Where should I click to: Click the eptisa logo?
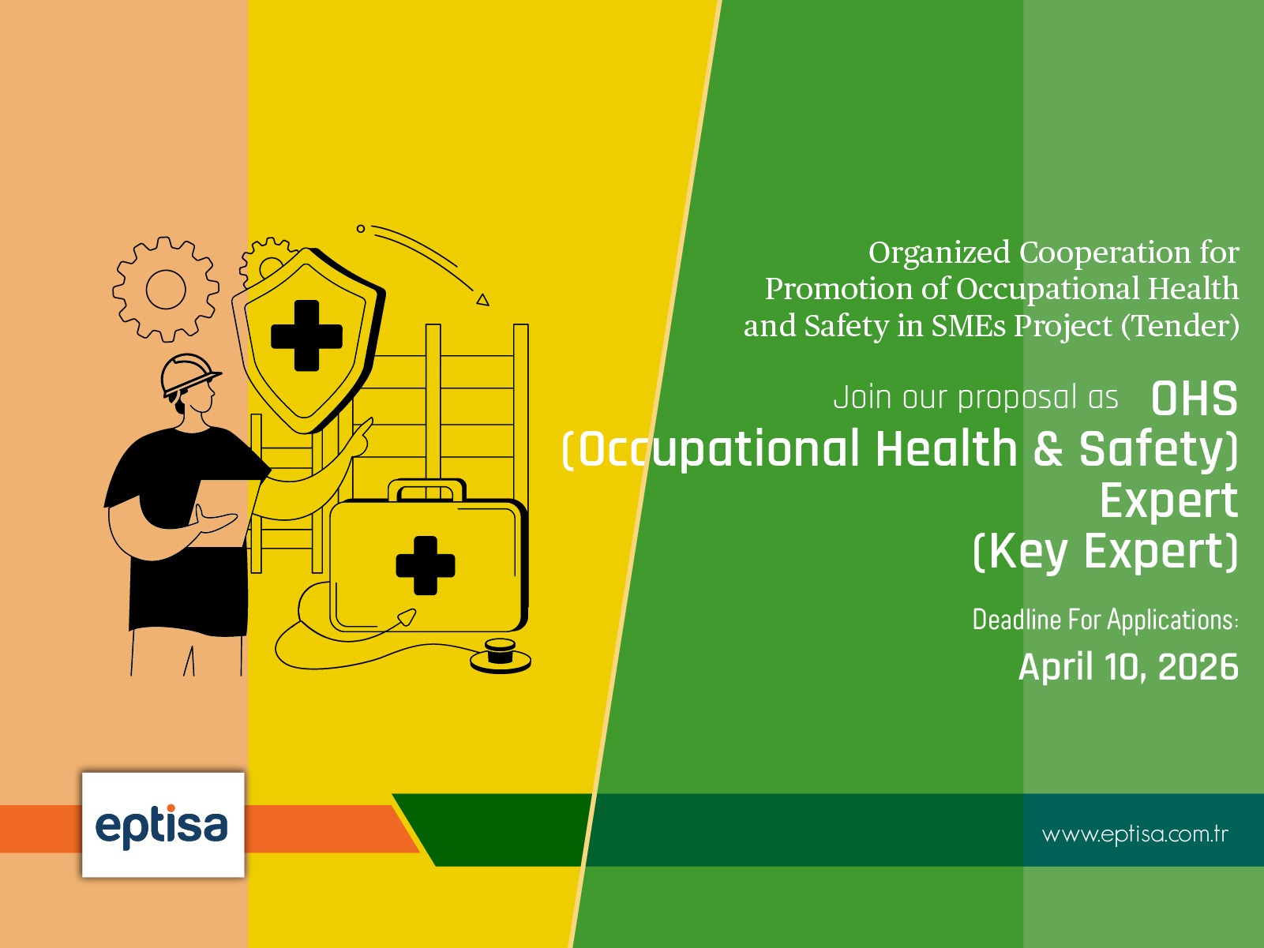[162, 825]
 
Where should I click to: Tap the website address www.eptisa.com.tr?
[1135, 834]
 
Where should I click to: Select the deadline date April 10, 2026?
[1128, 667]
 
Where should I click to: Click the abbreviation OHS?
[1194, 399]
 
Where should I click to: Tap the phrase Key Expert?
[1105, 551]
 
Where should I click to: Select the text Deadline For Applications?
[1105, 620]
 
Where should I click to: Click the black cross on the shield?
[306, 335]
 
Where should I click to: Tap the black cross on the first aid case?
[426, 565]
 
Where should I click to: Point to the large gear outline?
[166, 289]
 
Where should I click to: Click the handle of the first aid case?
[426, 489]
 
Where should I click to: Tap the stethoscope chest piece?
[500, 655]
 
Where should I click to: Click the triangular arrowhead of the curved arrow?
[482, 299]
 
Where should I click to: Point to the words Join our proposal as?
[976, 397]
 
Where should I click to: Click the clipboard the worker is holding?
[221, 513]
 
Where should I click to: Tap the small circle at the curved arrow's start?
[361, 229]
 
